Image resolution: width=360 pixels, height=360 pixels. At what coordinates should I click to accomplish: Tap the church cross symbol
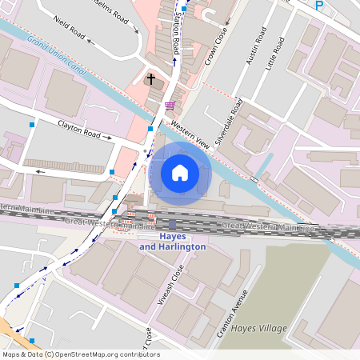[150, 79]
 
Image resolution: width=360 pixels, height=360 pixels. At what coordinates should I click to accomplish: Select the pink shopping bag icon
[170, 106]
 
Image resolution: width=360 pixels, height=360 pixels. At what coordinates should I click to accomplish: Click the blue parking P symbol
[319, 6]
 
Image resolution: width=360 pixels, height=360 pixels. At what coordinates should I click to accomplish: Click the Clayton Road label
[83, 129]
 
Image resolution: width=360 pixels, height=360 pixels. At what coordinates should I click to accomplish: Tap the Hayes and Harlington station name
[173, 242]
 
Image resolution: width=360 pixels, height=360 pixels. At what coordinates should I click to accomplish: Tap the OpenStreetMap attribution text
[80, 354]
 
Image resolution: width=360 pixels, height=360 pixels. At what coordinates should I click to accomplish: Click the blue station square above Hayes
[172, 225]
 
